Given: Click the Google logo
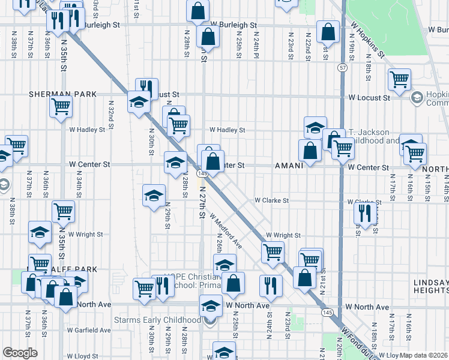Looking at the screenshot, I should [x=20, y=353].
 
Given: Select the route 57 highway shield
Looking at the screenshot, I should [x=342, y=68].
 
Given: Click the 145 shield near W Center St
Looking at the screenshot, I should [x=202, y=173].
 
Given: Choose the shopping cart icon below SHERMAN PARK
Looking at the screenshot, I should [x=61, y=107].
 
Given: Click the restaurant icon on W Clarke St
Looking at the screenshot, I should [x=365, y=212].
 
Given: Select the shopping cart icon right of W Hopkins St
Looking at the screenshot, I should [x=399, y=78].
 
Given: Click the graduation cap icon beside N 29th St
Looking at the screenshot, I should [x=154, y=194].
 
